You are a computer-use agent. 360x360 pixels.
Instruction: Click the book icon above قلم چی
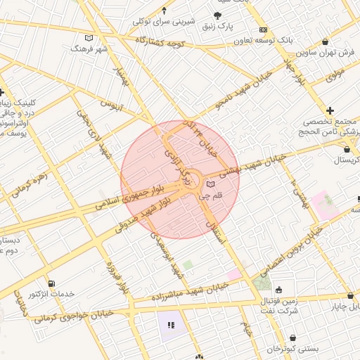click(210, 184)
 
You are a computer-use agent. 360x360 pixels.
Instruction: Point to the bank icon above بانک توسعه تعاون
click(263, 30)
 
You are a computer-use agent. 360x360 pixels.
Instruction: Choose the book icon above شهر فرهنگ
click(88, 38)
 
